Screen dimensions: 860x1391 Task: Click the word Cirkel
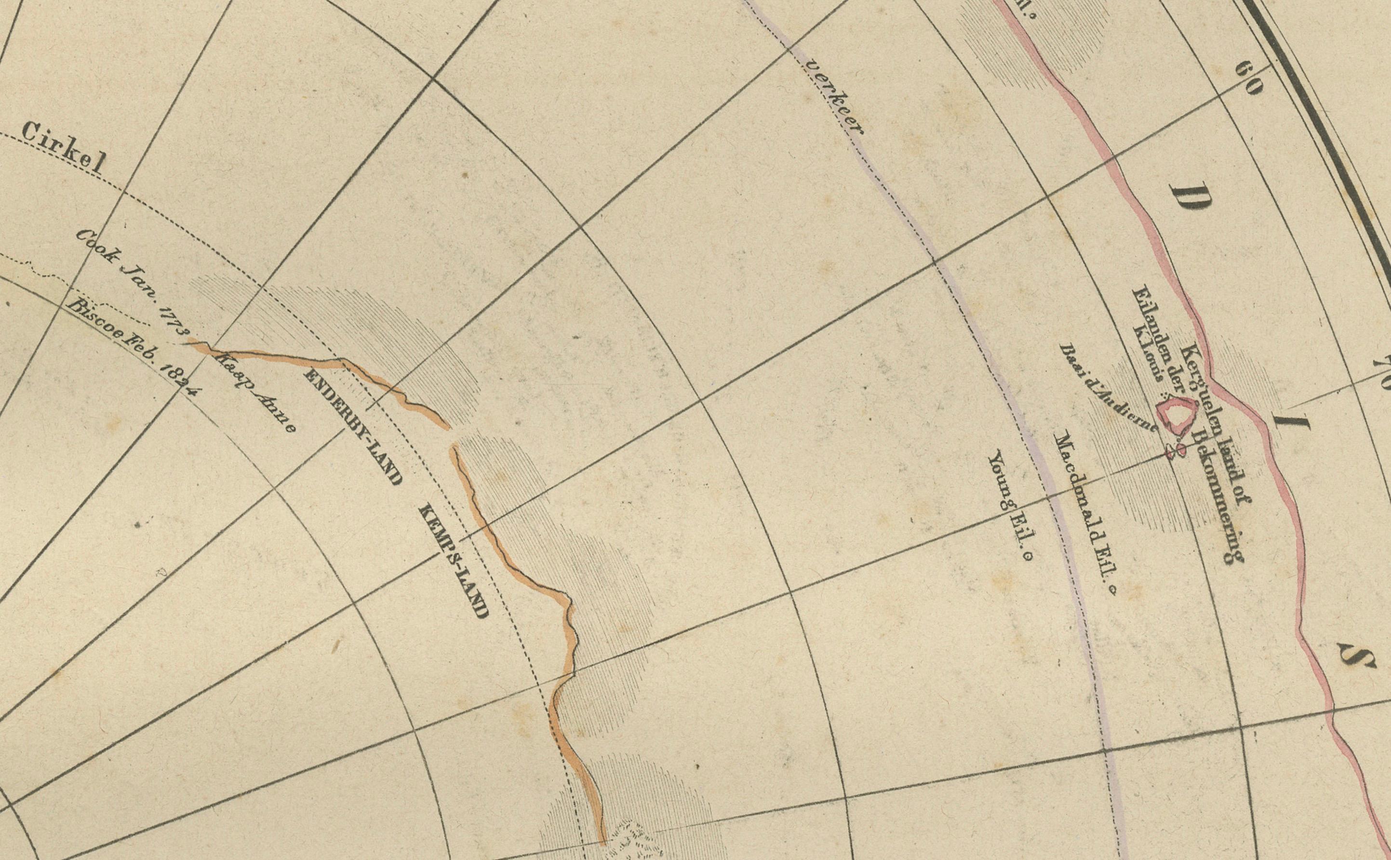(x=64, y=147)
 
